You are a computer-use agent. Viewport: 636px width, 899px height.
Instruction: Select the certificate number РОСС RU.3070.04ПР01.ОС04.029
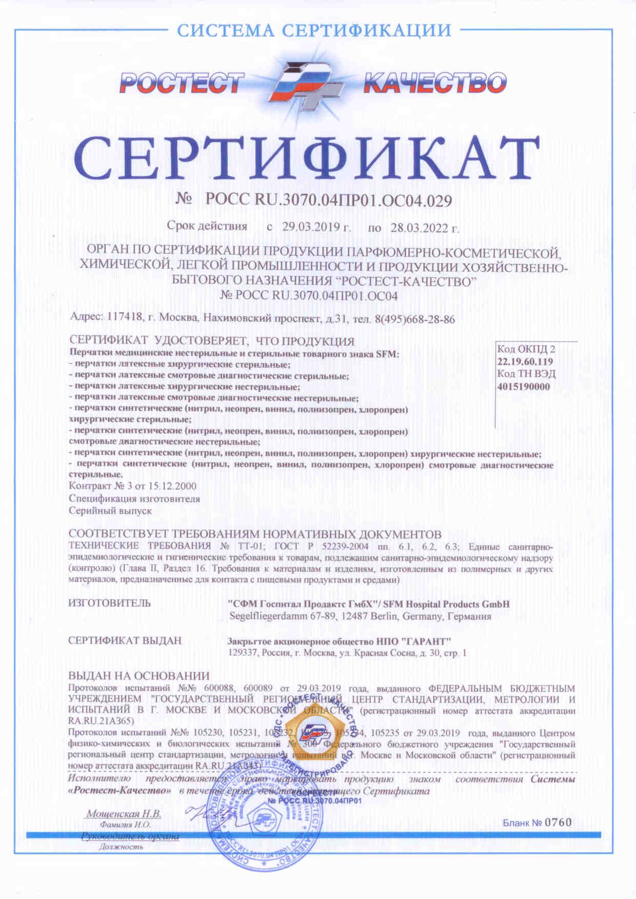coord(328,201)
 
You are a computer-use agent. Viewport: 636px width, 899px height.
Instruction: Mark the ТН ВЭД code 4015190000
coord(523,386)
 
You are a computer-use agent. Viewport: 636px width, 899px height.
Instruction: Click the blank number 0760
coord(558,822)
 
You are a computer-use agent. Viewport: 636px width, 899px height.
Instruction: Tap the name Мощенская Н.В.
coord(124,814)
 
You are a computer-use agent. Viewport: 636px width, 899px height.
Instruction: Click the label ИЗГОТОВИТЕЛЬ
coord(110,603)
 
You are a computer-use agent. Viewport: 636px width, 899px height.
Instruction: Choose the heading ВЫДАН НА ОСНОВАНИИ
coord(139,676)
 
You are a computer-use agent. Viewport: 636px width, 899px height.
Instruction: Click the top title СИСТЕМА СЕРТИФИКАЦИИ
coord(314,31)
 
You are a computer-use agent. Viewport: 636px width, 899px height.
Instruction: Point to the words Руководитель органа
coord(130,836)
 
